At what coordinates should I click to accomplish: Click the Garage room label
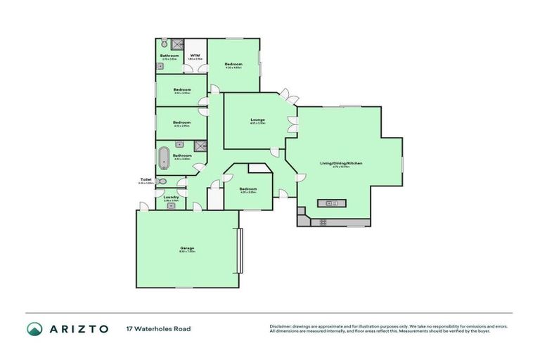pyautogui.click(x=187, y=247)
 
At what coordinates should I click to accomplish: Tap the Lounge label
pyautogui.click(x=257, y=120)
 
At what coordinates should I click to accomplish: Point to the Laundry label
pyautogui.click(x=171, y=197)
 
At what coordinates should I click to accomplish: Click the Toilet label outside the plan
pyautogui.click(x=146, y=180)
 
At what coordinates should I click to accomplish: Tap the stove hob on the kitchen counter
pyautogui.click(x=323, y=222)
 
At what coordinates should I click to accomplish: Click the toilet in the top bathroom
pyautogui.click(x=164, y=42)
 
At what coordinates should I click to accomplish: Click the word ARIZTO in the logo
pyautogui.click(x=78, y=328)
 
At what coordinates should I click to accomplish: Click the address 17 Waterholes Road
pyautogui.click(x=158, y=328)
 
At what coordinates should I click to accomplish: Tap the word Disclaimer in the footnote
pyautogui.click(x=281, y=326)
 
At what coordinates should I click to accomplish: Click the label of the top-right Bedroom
pyautogui.click(x=233, y=64)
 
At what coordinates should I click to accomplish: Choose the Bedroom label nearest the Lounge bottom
pyautogui.click(x=247, y=188)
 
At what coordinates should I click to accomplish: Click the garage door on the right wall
pyautogui.click(x=240, y=251)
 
